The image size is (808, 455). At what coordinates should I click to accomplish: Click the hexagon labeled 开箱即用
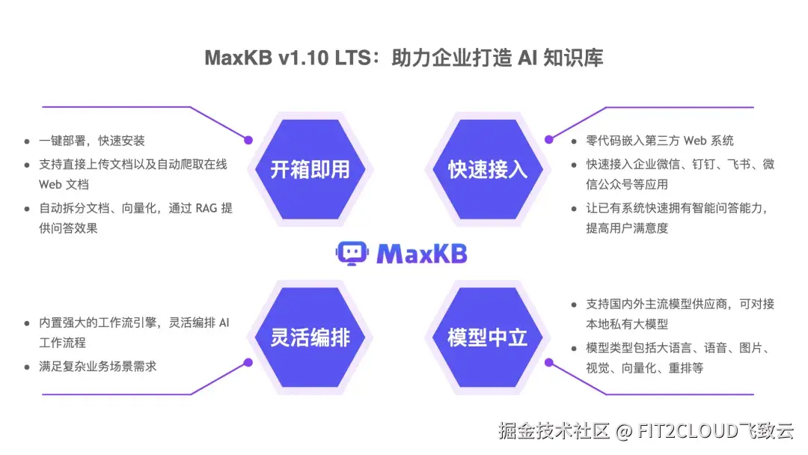pos(310,170)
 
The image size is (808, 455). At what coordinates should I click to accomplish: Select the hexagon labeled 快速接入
pos(488,170)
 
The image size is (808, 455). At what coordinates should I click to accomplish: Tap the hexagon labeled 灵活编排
pos(310,338)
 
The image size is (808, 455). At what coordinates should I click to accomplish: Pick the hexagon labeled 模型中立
pos(488,338)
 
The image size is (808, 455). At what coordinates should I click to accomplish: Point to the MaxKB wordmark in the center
pos(422,254)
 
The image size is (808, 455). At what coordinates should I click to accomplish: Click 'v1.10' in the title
pos(300,58)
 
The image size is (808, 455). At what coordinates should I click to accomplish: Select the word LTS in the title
pos(352,58)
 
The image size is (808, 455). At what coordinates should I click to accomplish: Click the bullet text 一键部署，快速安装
pos(92,141)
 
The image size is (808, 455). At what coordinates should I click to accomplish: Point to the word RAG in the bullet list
pos(206,209)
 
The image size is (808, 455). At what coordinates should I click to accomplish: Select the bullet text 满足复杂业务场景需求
pos(98,366)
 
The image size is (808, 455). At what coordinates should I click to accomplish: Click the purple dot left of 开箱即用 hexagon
pos(249,140)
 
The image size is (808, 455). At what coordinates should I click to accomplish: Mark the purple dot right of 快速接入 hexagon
pos(548,139)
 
